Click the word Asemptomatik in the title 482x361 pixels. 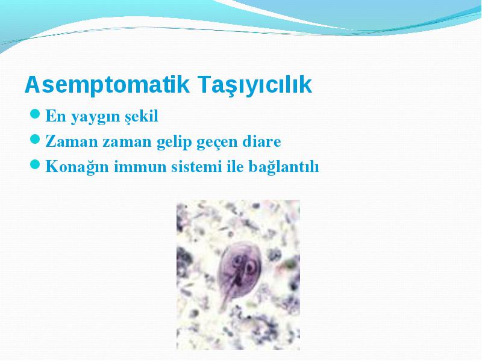click(x=107, y=85)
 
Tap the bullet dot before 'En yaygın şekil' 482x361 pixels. click(x=36, y=114)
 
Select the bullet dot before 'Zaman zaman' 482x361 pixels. click(x=36, y=139)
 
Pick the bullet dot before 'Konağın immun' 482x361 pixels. click(x=36, y=164)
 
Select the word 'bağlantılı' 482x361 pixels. click(x=284, y=168)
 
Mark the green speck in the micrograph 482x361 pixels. click(x=289, y=263)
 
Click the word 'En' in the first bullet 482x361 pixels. click(x=55, y=116)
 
